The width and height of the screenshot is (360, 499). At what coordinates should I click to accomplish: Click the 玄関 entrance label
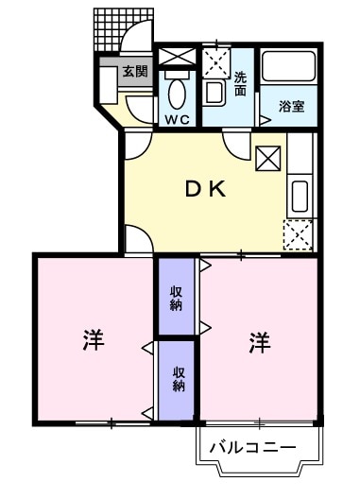pos(135,71)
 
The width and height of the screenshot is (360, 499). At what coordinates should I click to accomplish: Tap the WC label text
pos(177,120)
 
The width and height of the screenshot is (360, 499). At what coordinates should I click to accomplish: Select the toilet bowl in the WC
pos(177,94)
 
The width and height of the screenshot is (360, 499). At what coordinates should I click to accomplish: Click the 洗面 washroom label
pos(240,84)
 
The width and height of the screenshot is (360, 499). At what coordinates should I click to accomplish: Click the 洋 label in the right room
pos(259,341)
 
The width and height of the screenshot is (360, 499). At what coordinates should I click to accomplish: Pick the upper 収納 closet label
pos(177,298)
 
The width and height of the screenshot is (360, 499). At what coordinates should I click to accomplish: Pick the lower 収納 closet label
pos(179,378)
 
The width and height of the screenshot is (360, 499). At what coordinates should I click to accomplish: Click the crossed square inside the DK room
pos(267,157)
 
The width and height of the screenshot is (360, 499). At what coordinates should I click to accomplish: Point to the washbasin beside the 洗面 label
pos(214,93)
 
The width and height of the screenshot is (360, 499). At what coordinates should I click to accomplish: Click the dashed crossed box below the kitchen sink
pos(298,232)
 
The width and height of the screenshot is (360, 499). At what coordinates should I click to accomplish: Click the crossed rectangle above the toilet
pos(177,56)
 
